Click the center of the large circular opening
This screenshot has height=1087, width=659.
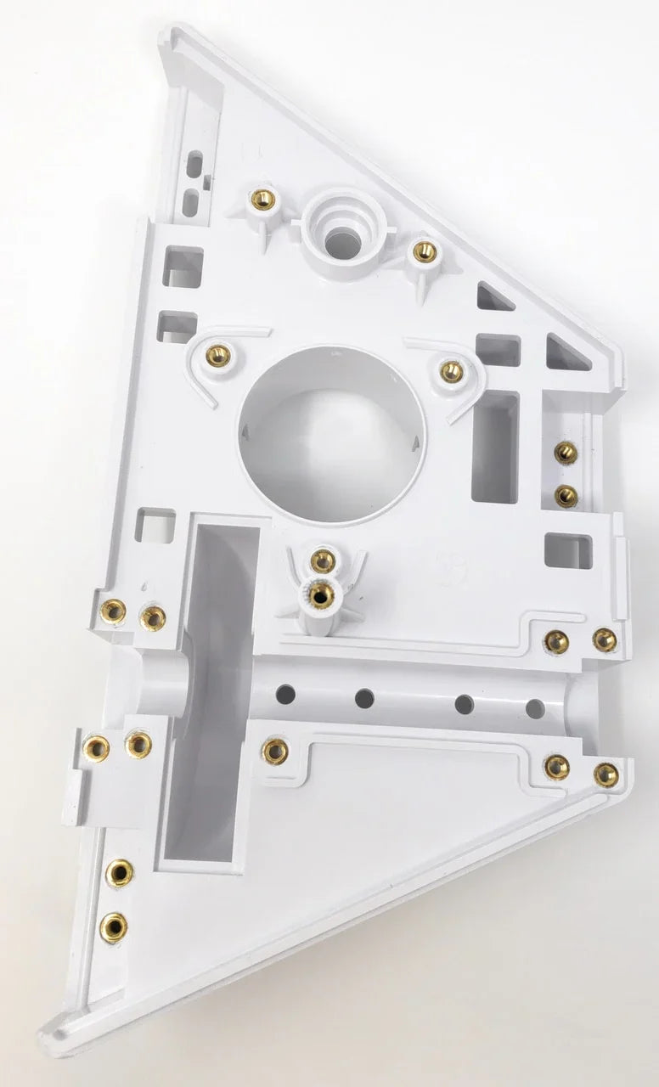coord(329,433)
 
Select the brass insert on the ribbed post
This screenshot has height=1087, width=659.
coord(320,594)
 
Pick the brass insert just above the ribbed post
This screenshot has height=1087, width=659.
coord(322,560)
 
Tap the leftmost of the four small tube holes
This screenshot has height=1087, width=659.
coord(285,694)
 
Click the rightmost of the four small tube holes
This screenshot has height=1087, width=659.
coord(535,707)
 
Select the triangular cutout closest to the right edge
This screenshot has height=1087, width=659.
coord(566,354)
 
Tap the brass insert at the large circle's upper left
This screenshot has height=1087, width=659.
coord(218,354)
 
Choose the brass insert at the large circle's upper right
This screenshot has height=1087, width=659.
coord(452,371)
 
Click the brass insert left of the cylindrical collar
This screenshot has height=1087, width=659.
coord(263,200)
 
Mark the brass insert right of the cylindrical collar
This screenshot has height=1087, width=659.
coord(424,251)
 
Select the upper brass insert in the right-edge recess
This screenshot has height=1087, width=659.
coord(566,453)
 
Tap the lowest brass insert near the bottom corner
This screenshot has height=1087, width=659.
coord(113,926)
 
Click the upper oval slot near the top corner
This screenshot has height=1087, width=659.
coord(195,161)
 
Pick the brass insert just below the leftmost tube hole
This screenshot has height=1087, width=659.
coord(274,751)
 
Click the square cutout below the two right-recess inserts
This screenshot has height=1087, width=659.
coord(567,550)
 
